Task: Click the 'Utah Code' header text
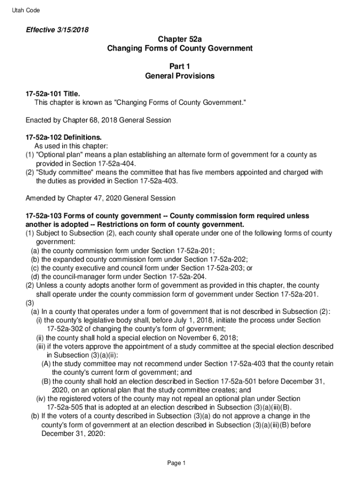[26, 10]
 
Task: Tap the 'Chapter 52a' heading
[180, 39]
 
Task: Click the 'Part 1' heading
[180, 66]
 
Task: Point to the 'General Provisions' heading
[180, 76]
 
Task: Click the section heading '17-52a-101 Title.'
[52, 94]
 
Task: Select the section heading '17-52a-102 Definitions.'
[63, 138]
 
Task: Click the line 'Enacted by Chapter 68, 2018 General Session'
[98, 120]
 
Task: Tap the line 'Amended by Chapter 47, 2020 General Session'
[101, 198]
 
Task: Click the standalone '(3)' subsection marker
[29, 303]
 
